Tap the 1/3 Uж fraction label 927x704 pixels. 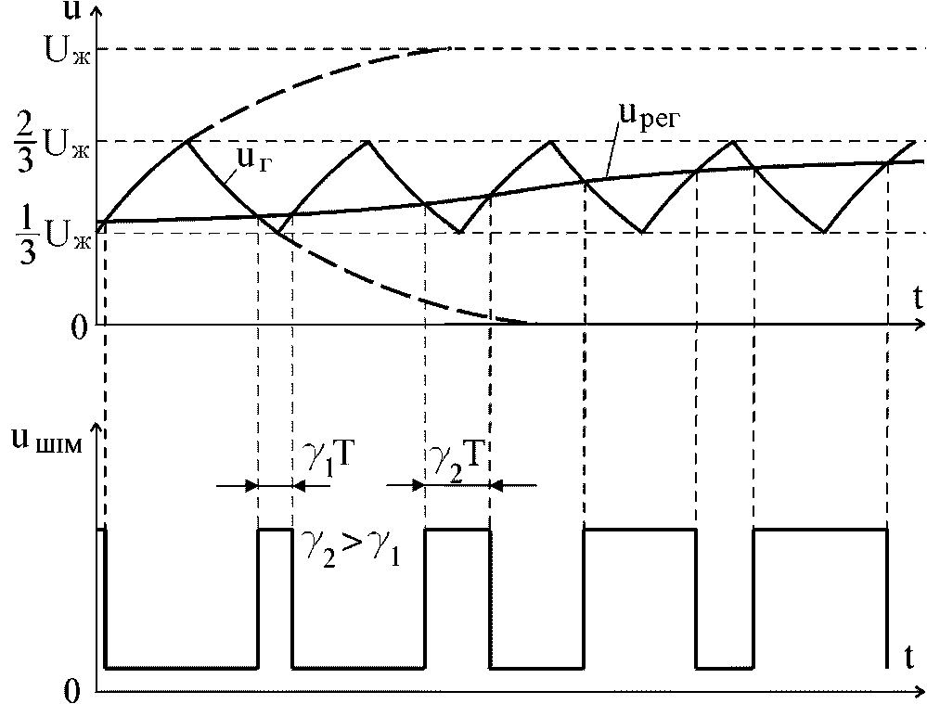point(58,232)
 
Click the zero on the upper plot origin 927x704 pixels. point(78,326)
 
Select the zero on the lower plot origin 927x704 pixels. point(78,691)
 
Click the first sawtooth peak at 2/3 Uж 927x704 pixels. point(188,140)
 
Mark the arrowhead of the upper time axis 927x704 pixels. point(919,325)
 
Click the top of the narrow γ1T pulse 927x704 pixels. point(275,530)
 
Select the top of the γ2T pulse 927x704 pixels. point(457,530)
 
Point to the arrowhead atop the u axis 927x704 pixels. point(97,9)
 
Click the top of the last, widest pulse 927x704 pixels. point(820,530)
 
